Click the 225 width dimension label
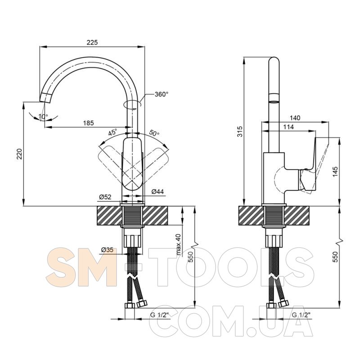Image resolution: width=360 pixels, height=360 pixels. pyautogui.click(x=92, y=42)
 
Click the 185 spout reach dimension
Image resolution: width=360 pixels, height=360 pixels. pyautogui.click(x=88, y=123)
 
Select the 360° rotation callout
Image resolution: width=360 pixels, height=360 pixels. pyautogui.click(x=162, y=94)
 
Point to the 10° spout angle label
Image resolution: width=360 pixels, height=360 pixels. pyautogui.click(x=43, y=117)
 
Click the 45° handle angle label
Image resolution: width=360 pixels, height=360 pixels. pyautogui.click(x=113, y=132)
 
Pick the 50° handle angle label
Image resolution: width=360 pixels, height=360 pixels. pyautogui.click(x=154, y=133)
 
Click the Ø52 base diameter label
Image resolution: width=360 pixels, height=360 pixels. pyautogui.click(x=105, y=197)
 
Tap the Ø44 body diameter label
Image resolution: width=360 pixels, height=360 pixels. pyautogui.click(x=158, y=191)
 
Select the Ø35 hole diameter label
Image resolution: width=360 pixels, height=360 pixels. pyautogui.click(x=107, y=250)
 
